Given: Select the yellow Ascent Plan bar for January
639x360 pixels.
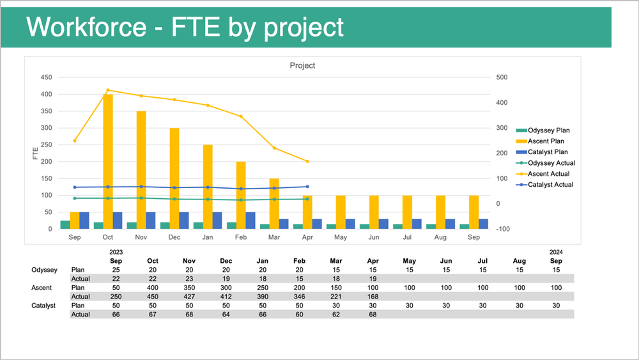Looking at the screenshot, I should click(x=208, y=186).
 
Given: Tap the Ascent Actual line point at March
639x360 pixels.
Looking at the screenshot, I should click(x=274, y=148).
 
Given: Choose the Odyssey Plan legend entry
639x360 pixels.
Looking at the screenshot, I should click(x=548, y=130).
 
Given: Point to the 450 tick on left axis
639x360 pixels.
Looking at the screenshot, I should click(x=46, y=77).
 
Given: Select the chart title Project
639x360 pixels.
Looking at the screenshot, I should click(x=302, y=65).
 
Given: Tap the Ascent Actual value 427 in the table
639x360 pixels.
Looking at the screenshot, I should click(x=189, y=297).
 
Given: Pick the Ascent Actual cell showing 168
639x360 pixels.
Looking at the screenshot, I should click(x=374, y=297).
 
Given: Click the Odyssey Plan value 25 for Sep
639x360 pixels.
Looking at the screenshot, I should click(x=116, y=270).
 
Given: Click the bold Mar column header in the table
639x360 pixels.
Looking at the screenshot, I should click(x=337, y=261).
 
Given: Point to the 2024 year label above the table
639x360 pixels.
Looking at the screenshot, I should click(x=557, y=253).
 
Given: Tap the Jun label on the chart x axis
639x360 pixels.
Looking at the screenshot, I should click(x=374, y=237).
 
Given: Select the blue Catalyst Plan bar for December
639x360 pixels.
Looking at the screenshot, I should click(x=184, y=220).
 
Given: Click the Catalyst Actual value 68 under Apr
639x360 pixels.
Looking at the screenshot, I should click(x=374, y=315).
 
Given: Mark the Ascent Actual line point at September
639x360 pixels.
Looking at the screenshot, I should click(x=75, y=141).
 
